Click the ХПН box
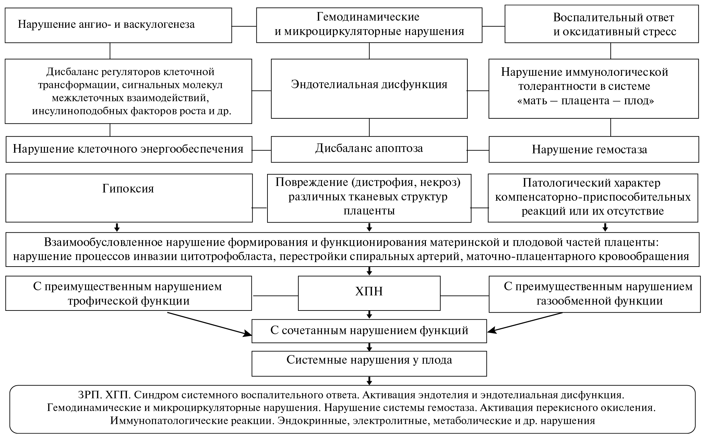pos(369,293)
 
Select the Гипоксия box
pos(129,198)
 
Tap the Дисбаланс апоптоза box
pos(369,149)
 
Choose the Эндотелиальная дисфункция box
pos(369,89)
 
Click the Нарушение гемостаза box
pos(593,149)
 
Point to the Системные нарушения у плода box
pos(369,363)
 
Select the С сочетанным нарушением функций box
pos(369,331)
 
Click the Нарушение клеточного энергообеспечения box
pos(129,149)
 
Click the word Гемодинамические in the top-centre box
pos(368,16)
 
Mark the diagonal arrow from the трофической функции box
pos(209,323)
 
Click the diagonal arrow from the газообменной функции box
pos(525,322)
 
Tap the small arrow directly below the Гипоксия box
pos(117,227)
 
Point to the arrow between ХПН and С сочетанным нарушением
pos(369,315)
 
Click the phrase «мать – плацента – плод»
pos(586,101)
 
